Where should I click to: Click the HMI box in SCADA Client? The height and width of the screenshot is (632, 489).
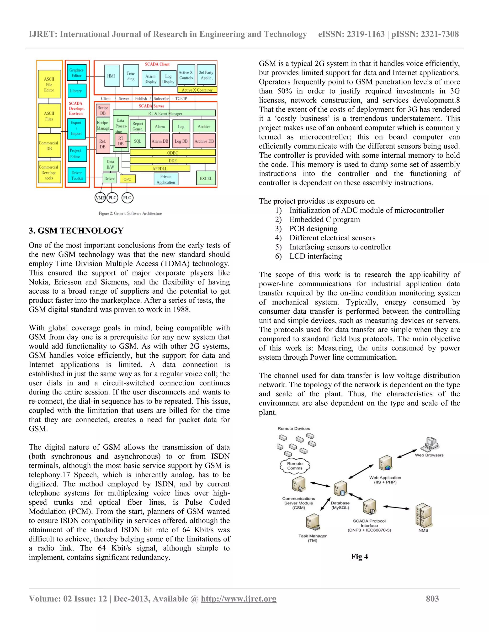pos(111,76)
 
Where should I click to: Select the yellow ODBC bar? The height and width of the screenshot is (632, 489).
pos(173,152)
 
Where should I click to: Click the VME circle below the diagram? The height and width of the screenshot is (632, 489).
pos(100,198)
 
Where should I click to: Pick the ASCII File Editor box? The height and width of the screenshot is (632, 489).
pos(49,84)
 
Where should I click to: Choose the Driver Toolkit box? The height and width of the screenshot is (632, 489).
pos(77,175)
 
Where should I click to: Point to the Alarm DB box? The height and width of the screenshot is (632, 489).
pos(160,141)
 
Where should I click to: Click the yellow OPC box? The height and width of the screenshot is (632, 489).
pos(127,179)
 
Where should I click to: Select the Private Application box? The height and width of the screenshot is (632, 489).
pos(166,179)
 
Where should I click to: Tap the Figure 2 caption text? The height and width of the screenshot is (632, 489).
pos(130,213)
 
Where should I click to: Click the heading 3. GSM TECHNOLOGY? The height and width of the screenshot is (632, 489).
pos(76,231)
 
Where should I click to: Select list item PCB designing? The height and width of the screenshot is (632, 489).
pos(314,229)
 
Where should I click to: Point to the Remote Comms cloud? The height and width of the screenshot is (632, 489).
pos(295,466)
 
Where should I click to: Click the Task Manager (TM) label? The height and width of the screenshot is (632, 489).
pos(312,538)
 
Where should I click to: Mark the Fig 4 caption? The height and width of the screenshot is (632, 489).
pos(360,556)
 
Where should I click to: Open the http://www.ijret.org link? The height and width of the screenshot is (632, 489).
pos(239,598)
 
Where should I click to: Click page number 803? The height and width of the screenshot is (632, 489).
pos(432,598)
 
